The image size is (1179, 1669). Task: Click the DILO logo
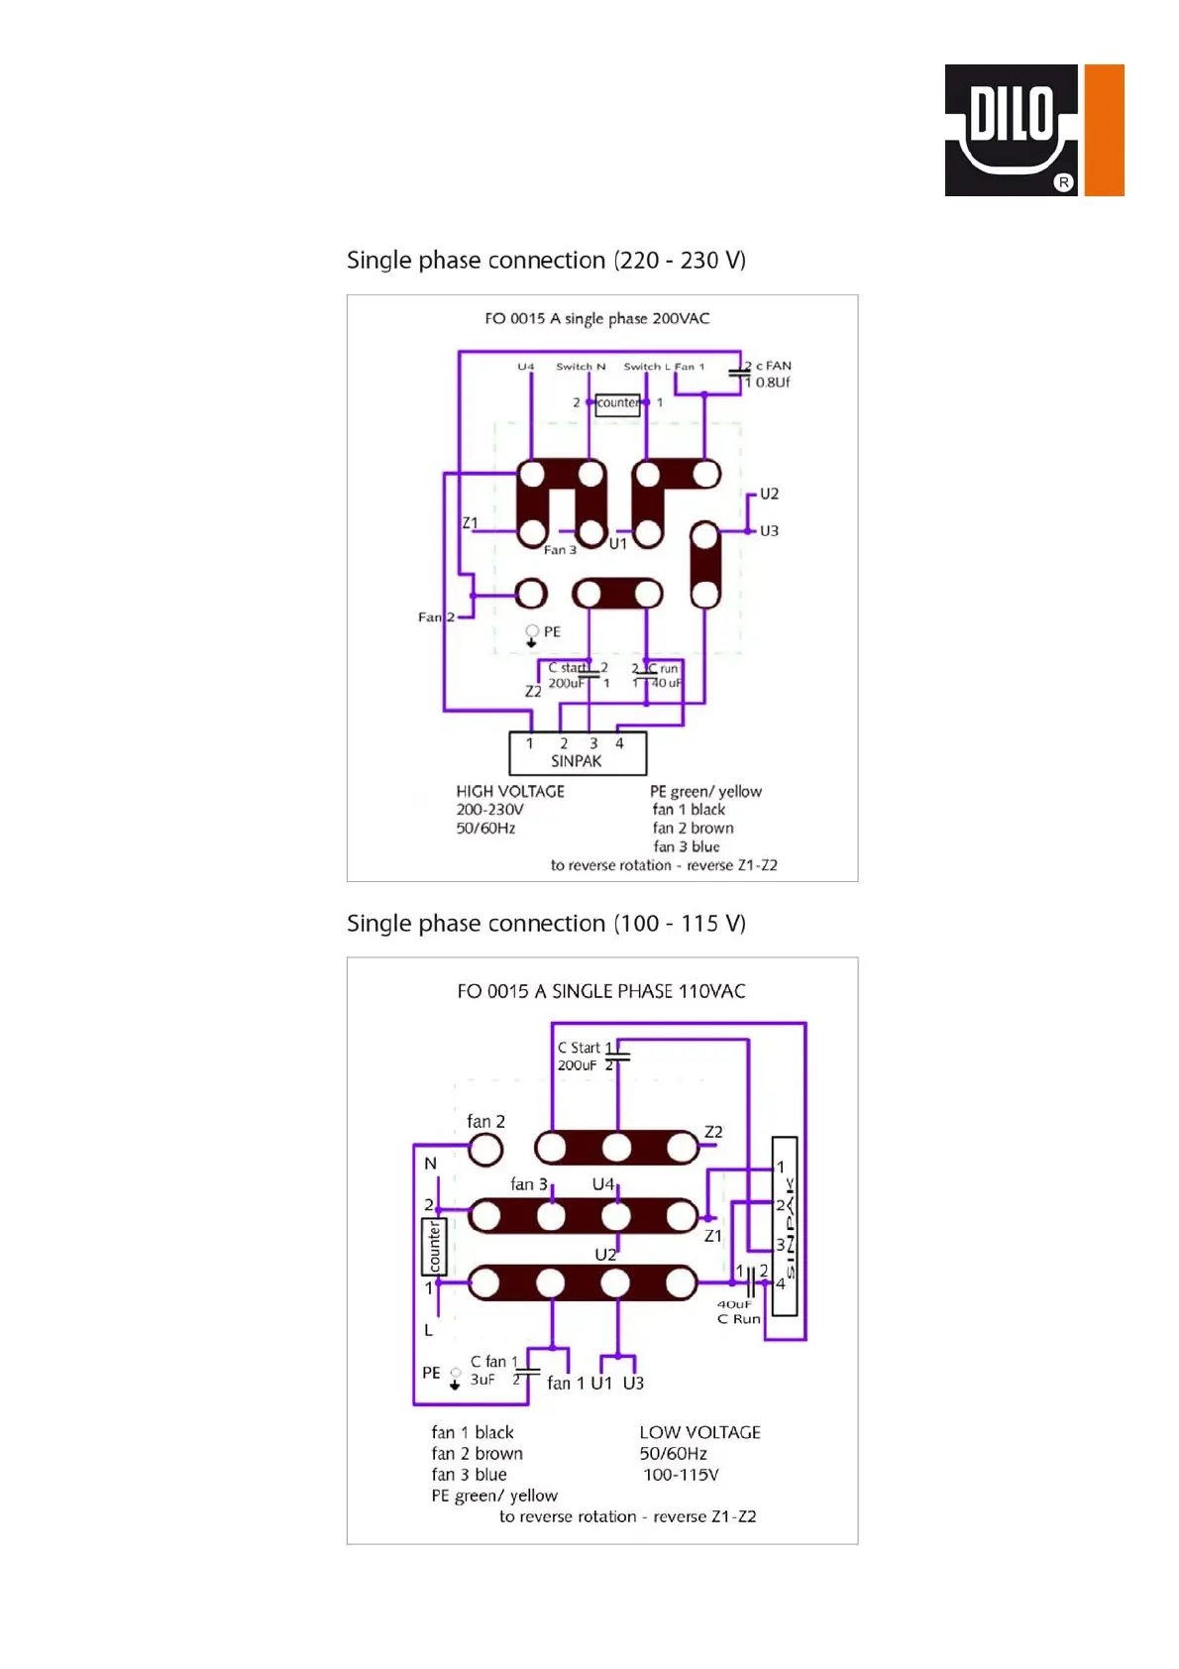pos(1033,130)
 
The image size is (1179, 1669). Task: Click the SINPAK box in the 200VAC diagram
pos(577,753)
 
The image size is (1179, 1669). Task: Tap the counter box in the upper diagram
pos(617,403)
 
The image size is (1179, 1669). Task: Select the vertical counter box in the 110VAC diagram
pos(434,1246)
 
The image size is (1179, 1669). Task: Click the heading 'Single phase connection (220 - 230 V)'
pos(546,261)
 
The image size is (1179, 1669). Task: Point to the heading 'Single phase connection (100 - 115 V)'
pos(546,924)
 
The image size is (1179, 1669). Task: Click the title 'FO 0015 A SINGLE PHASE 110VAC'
pos(600,991)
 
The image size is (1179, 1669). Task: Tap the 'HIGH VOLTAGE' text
pos(510,792)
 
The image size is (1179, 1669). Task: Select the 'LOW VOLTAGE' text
pos(699,1432)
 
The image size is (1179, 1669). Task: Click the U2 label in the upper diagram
pos(769,494)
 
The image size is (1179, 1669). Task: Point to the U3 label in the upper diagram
pos(769,531)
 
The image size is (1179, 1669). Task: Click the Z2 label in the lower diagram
pos(713,1132)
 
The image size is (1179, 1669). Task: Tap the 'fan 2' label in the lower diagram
pos(485,1122)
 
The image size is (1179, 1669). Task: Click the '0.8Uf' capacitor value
pos(773,383)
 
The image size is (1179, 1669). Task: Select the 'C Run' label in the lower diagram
pos(739,1319)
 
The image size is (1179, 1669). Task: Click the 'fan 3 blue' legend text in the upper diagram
pos(686,846)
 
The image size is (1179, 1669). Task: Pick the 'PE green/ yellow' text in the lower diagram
pos(494,1496)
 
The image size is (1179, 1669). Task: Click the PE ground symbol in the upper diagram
pos(532,634)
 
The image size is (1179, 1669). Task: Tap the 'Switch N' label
pos(581,367)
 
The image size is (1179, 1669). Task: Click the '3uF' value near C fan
pos(482,1380)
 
